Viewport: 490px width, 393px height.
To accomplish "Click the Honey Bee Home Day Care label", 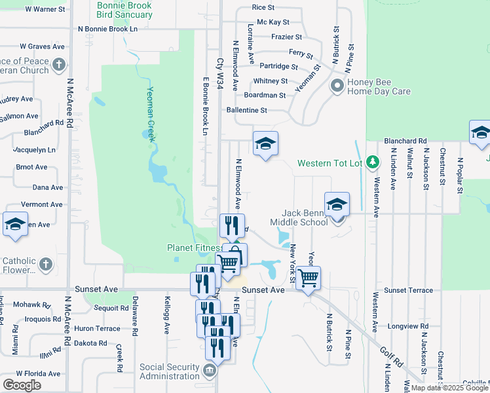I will [x=379, y=86].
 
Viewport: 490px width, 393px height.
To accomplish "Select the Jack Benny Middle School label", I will [x=305, y=217].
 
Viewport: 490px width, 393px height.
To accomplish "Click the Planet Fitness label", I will [x=194, y=248].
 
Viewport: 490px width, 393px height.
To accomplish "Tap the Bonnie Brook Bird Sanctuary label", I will [x=124, y=9].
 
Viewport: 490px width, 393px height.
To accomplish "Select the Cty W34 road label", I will [x=220, y=73].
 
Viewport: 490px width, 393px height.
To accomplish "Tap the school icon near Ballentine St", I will [x=265, y=144].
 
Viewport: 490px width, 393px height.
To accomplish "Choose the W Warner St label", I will [x=45, y=10].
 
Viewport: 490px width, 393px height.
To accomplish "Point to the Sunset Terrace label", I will [x=408, y=290].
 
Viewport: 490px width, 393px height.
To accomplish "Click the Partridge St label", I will [x=278, y=66].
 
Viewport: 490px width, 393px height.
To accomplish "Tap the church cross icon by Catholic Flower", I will [x=45, y=263].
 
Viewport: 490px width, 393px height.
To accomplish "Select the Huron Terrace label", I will [x=97, y=329].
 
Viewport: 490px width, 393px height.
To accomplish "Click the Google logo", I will [x=22, y=384].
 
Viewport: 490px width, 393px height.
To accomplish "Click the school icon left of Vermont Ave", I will [x=15, y=224].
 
